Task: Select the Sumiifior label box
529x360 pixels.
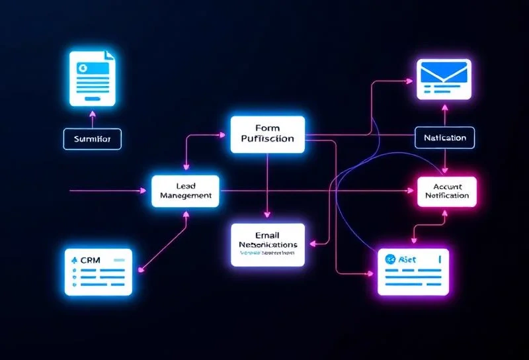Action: coord(93,140)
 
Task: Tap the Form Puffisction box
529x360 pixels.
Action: coord(268,134)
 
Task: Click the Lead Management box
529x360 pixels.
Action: coord(186,191)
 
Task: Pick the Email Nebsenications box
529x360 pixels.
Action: coord(268,244)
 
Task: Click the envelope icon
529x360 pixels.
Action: coord(444,78)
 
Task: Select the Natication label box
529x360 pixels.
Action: coord(444,138)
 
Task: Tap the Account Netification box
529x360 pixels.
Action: coord(447,191)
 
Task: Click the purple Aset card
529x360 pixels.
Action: coord(412,271)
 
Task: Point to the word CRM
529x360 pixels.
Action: coord(89,259)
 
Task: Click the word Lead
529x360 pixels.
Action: coord(186,185)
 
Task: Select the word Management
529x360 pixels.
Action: coord(186,196)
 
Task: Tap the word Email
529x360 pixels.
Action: coord(268,235)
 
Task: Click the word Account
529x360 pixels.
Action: coord(447,185)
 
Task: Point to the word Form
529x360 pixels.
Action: coord(268,128)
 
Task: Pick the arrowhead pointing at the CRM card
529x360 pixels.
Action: coord(140,269)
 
